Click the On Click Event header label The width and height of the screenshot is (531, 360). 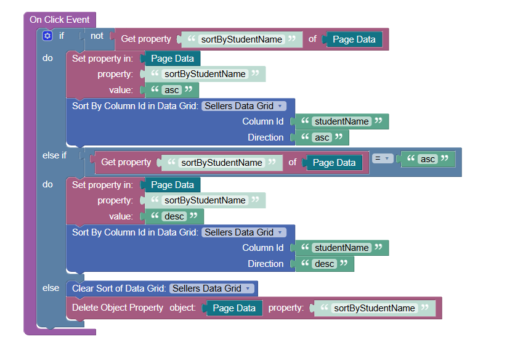[x=60, y=20]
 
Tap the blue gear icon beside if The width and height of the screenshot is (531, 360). [x=47, y=36]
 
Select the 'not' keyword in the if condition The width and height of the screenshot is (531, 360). [x=97, y=36]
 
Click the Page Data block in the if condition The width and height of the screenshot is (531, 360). [x=354, y=39]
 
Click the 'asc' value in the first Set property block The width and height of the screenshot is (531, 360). [x=172, y=90]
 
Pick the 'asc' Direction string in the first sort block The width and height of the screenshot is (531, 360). [x=322, y=137]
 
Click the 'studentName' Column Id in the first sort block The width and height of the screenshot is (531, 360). [x=342, y=121]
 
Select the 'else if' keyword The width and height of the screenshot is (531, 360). [x=55, y=155]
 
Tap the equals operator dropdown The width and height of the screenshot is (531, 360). [x=383, y=158]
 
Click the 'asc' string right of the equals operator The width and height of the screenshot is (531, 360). [x=428, y=159]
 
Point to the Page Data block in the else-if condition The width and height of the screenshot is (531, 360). [x=334, y=163]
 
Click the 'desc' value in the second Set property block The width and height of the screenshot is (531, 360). [x=174, y=216]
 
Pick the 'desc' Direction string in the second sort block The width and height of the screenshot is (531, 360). [x=325, y=264]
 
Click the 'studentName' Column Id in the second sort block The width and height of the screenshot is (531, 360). [x=342, y=248]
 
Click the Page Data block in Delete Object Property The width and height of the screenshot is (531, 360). [x=234, y=308]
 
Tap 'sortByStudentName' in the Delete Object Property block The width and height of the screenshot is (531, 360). [x=374, y=308]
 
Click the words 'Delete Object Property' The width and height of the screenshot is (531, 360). [x=118, y=308]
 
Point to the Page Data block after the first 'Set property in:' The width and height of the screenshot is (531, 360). [x=172, y=59]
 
